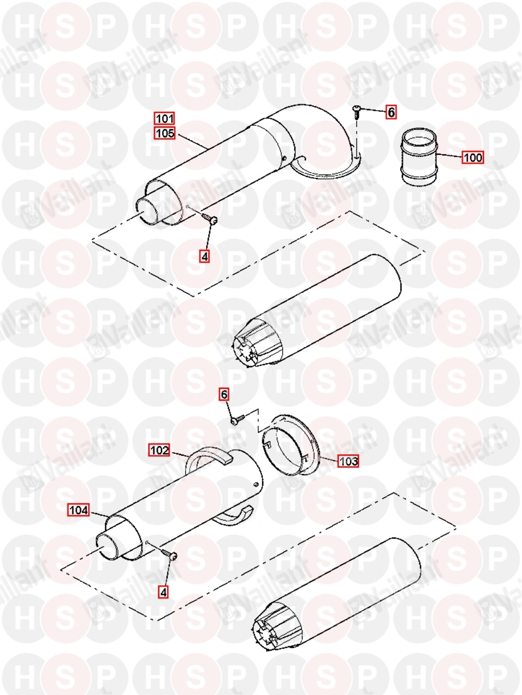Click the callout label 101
tap(165, 119)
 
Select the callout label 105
tap(165, 133)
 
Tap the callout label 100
tap(473, 157)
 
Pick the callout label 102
tap(159, 450)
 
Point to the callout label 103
tap(348, 461)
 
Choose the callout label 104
tap(79, 510)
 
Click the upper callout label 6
tap(391, 112)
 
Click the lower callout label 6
tap(224, 395)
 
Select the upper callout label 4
tap(205, 256)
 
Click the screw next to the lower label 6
tap(238, 419)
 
